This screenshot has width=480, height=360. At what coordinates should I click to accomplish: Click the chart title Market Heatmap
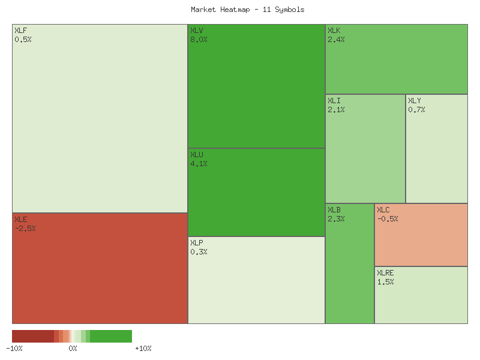pyautogui.click(x=248, y=10)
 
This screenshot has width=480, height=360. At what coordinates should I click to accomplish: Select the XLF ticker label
pyautogui.click(x=20, y=31)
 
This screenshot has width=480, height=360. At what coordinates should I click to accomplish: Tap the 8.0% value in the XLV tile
pyautogui.click(x=199, y=40)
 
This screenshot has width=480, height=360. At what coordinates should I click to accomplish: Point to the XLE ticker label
pyautogui.click(x=20, y=220)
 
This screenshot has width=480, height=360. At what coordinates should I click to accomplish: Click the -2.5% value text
pyautogui.click(x=25, y=229)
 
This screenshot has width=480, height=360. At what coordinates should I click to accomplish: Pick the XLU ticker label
pyautogui.click(x=196, y=155)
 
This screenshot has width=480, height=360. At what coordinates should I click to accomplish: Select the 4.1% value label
pyautogui.click(x=199, y=164)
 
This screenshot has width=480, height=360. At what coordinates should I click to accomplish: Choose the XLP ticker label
pyautogui.click(x=196, y=243)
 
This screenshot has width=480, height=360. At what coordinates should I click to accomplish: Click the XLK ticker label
pyautogui.click(x=334, y=31)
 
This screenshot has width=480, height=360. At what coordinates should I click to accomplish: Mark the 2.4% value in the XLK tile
pyautogui.click(x=336, y=40)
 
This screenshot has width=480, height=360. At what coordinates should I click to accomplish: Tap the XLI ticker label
pyautogui.click(x=334, y=101)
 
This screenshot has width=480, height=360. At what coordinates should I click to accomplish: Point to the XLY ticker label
pyautogui.click(x=415, y=101)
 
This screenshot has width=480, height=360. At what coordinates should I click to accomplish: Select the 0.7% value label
pyautogui.click(x=416, y=110)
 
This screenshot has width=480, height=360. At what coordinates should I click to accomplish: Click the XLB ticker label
pyautogui.click(x=334, y=210)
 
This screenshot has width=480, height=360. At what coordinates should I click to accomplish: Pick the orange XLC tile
pyautogui.click(x=421, y=240)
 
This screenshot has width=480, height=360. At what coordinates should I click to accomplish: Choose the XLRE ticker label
pyautogui.click(x=385, y=273)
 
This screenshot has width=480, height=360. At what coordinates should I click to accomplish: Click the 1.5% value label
pyautogui.click(x=385, y=282)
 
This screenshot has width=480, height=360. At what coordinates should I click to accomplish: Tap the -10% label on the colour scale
pyautogui.click(x=14, y=349)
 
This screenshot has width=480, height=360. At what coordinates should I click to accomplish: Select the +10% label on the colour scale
pyautogui.click(x=143, y=349)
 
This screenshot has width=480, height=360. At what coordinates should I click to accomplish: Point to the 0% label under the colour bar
pyautogui.click(x=73, y=349)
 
